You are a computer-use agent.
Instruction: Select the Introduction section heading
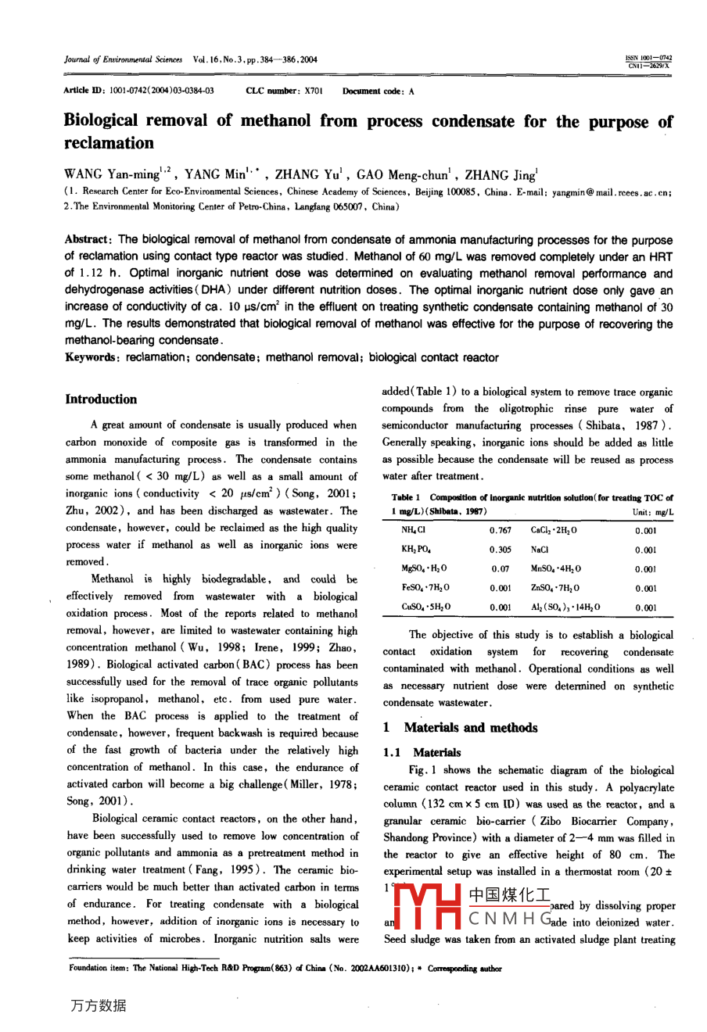[x=101, y=400]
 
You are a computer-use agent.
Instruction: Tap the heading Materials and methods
[x=470, y=728]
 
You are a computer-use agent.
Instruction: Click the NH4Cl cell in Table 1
[x=414, y=530]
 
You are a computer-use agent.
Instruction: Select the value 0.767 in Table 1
[x=501, y=530]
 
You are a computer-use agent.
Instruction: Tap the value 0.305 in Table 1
[x=501, y=550]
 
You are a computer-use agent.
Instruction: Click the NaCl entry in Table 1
[x=540, y=550]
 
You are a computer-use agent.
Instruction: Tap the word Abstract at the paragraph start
[x=89, y=240]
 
